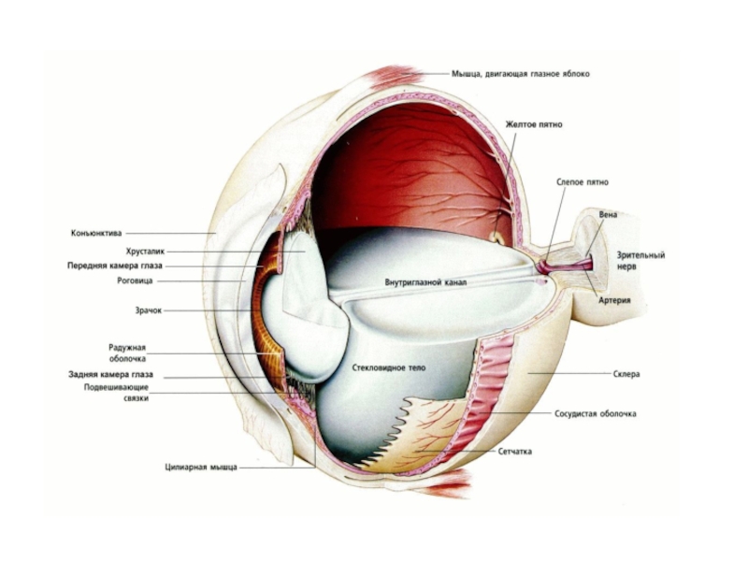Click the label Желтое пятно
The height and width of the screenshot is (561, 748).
tap(534, 123)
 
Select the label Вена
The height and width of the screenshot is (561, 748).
tap(608, 214)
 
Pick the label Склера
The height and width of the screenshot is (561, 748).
tap(626, 374)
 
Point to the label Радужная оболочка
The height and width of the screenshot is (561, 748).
tap(127, 352)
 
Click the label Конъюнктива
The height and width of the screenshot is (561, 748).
tap(96, 233)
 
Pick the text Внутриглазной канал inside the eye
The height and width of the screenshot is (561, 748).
tap(425, 280)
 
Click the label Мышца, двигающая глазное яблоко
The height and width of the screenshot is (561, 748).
tap(520, 73)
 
